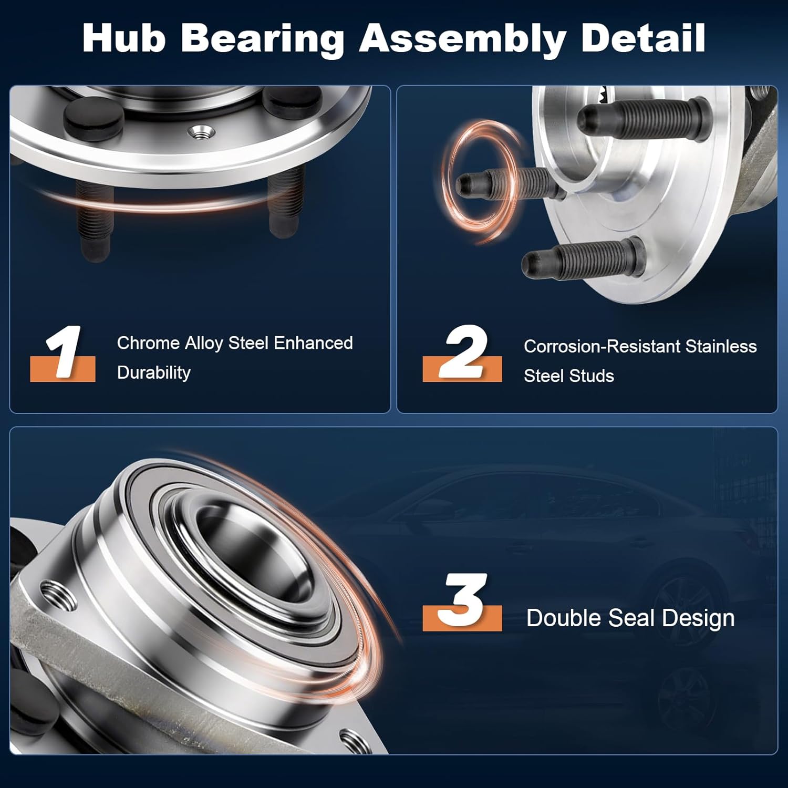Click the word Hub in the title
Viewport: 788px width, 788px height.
[124, 38]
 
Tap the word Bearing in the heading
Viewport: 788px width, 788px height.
[263, 39]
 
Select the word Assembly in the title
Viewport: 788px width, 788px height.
[462, 39]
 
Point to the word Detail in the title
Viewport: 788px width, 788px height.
[643, 38]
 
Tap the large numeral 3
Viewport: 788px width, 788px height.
[462, 600]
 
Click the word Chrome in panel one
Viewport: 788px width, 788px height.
[148, 343]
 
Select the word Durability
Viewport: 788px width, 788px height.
[153, 372]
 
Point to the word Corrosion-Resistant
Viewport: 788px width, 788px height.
[602, 347]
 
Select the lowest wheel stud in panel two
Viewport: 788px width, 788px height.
[583, 261]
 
